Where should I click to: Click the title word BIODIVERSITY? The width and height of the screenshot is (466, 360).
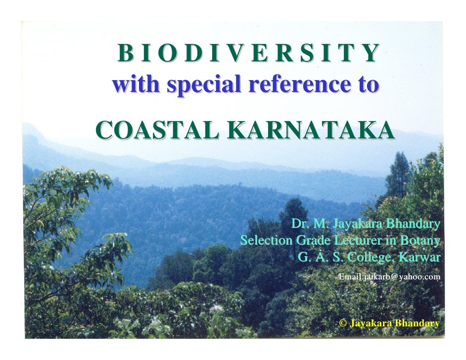tap(248, 53)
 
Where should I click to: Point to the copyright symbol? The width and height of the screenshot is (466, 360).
tap(342, 323)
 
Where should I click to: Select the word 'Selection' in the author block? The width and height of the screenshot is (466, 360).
tap(266, 241)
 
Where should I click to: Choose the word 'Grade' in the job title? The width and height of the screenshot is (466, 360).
tap(312, 241)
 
